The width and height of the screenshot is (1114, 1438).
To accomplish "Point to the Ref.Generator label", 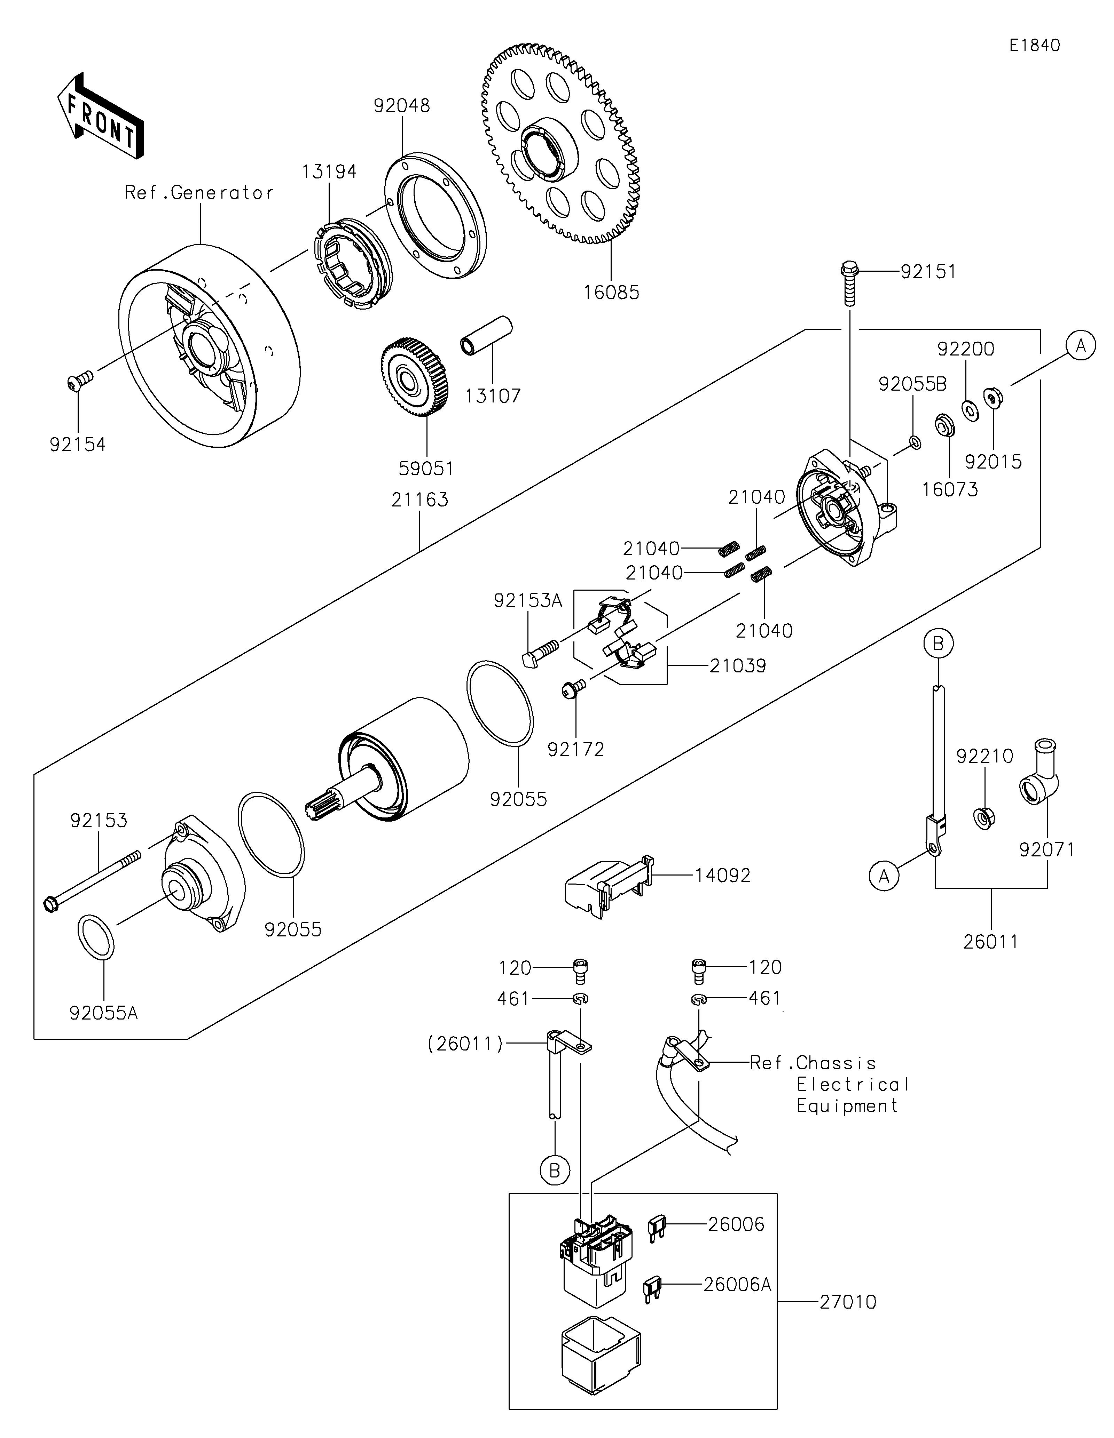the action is click(199, 193).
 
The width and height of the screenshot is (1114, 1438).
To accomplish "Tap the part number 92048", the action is click(402, 106).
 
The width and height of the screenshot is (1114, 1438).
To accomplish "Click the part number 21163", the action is click(419, 501).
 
